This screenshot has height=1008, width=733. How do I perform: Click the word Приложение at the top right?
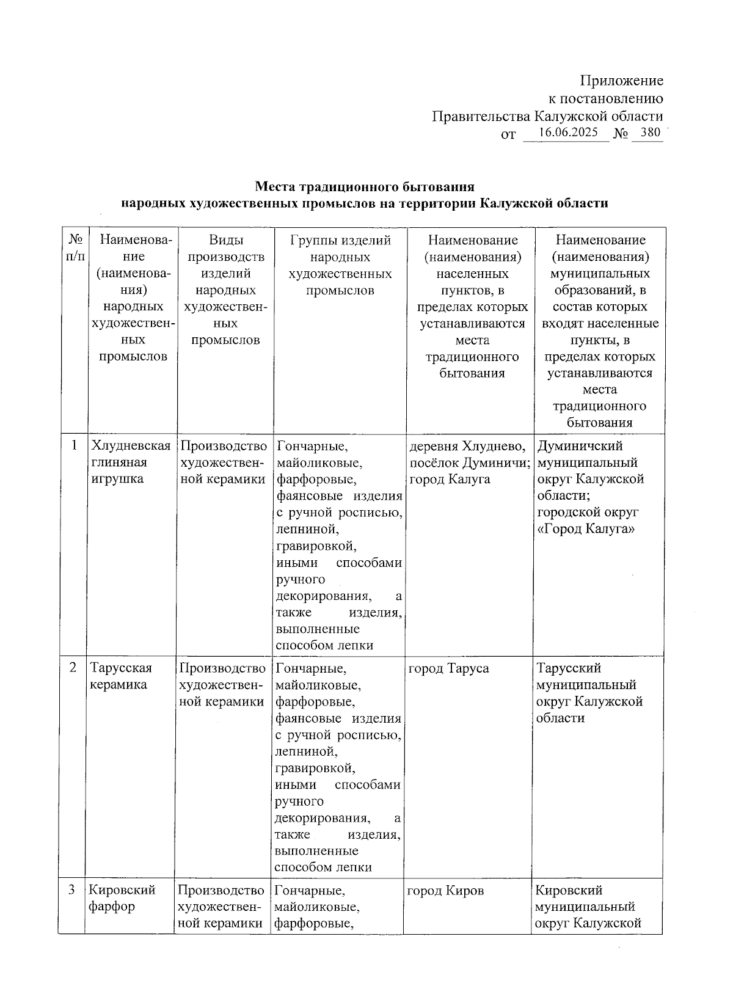(621, 81)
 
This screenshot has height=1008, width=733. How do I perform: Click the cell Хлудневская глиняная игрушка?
(130, 462)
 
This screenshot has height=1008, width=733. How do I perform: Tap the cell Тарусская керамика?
(120, 676)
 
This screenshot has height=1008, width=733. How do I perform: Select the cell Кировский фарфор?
(122, 898)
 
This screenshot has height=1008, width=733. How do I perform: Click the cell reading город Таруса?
(448, 668)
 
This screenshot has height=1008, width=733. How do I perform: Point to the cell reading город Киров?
(445, 891)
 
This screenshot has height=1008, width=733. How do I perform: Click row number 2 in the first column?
(73, 668)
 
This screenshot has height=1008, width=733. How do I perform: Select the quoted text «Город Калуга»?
(586, 529)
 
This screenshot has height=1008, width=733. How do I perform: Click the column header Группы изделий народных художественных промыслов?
(340, 265)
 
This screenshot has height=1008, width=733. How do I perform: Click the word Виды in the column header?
(225, 240)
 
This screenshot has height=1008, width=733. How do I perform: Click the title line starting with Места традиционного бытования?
(364, 186)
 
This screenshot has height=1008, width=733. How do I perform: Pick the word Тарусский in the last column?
(568, 668)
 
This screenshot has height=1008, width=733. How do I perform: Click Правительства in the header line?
(481, 116)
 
